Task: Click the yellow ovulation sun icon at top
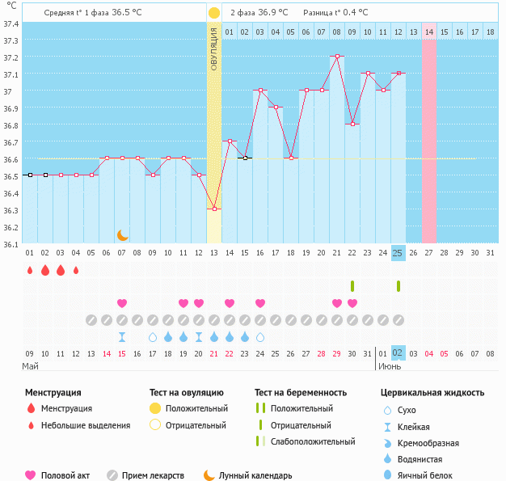tap(213, 13)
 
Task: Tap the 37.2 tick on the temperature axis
tap(11, 57)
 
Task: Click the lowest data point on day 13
tap(213, 209)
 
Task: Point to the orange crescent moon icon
tap(122, 234)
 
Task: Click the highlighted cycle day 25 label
tap(398, 253)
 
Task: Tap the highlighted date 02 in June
tap(398, 352)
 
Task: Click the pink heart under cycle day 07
tap(122, 303)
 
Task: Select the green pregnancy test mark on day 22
tap(352, 286)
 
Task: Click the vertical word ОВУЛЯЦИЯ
tap(213, 49)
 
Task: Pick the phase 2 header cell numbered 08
tap(336, 32)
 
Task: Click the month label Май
tap(30, 366)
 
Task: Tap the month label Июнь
tap(390, 366)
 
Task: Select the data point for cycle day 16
tap(260, 91)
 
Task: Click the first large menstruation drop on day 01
tap(29, 270)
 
